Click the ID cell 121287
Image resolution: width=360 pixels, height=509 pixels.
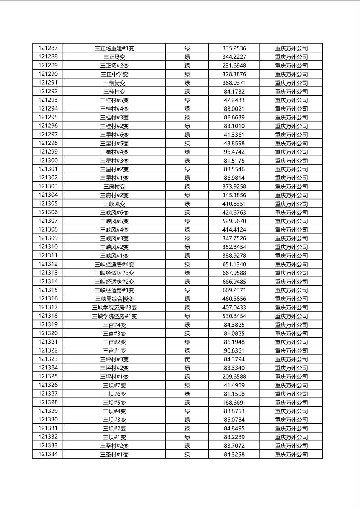[x=48, y=48]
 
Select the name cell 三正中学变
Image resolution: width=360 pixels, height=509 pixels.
[x=114, y=74]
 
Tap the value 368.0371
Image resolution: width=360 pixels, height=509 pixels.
[x=234, y=83]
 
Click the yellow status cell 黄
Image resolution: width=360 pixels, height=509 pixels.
[x=187, y=359]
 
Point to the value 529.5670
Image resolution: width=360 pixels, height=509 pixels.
[x=234, y=221]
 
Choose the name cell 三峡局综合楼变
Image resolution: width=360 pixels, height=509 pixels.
[x=114, y=299]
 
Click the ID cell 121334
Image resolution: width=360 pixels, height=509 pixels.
[x=48, y=454]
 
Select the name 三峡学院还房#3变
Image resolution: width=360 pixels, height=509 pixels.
[x=114, y=307]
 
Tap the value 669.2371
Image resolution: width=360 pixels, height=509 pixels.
[x=234, y=290]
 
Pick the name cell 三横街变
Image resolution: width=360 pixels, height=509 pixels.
[x=114, y=83]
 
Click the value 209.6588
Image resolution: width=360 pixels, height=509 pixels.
[x=234, y=377]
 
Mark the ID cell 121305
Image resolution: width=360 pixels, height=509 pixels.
[x=48, y=204]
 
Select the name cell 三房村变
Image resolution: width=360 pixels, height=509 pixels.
[x=114, y=186]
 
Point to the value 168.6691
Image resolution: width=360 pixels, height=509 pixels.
[x=234, y=403]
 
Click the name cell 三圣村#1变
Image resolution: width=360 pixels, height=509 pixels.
[x=114, y=455]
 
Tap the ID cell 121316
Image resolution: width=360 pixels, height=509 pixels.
[x=48, y=298]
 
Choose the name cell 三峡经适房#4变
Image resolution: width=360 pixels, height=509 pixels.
[x=114, y=264]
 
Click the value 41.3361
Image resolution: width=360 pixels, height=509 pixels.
[x=234, y=135]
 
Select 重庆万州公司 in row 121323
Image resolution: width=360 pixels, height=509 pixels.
[x=291, y=359]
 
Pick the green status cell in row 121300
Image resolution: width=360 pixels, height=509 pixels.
[x=187, y=161]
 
